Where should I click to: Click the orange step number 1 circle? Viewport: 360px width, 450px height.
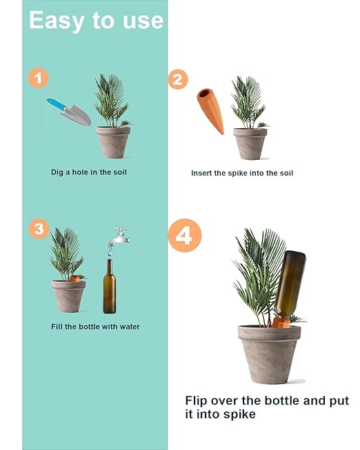(38, 77)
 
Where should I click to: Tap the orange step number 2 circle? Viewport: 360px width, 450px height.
(177, 79)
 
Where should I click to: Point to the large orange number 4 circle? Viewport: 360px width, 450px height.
(184, 236)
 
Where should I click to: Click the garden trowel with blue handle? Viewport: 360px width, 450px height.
(68, 112)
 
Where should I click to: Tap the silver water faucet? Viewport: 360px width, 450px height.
(119, 237)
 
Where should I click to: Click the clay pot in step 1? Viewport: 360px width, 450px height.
(113, 142)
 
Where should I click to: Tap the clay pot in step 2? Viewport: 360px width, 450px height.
(250, 143)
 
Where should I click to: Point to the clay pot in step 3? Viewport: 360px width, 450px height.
(68, 296)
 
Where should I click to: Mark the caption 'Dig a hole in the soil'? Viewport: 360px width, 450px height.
(89, 172)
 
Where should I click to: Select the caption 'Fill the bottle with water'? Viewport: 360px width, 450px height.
(95, 326)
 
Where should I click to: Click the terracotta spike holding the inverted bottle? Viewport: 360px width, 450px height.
(279, 321)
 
